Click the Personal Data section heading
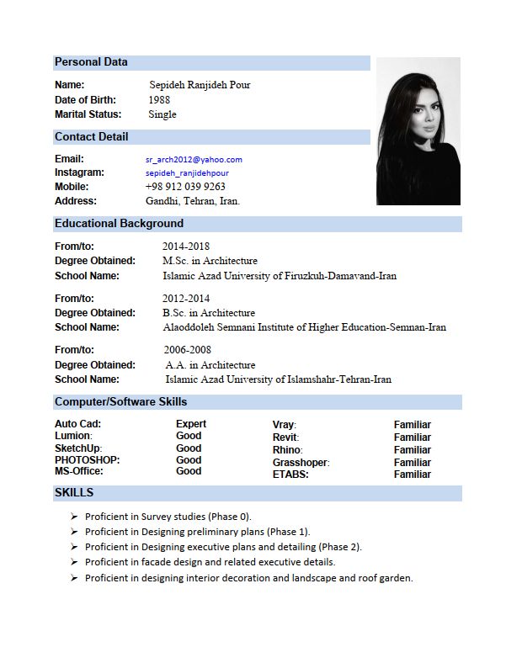pos(91,62)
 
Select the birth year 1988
pos(159,100)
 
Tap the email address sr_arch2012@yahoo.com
pos(194,159)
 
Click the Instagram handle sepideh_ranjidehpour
pos(187,173)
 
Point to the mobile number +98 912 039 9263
pos(185,187)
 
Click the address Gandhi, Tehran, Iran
pos(193,201)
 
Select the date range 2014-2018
pos(186,247)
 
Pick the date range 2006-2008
pos(188,350)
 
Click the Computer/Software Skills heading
pos(120,402)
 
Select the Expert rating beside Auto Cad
pos(191,424)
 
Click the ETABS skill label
pos(290,475)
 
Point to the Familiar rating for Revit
pos(413,438)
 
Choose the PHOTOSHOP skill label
pos(88,460)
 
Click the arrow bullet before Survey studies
pos(75,517)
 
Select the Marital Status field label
pos(88,114)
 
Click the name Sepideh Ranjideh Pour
pos(200,85)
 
